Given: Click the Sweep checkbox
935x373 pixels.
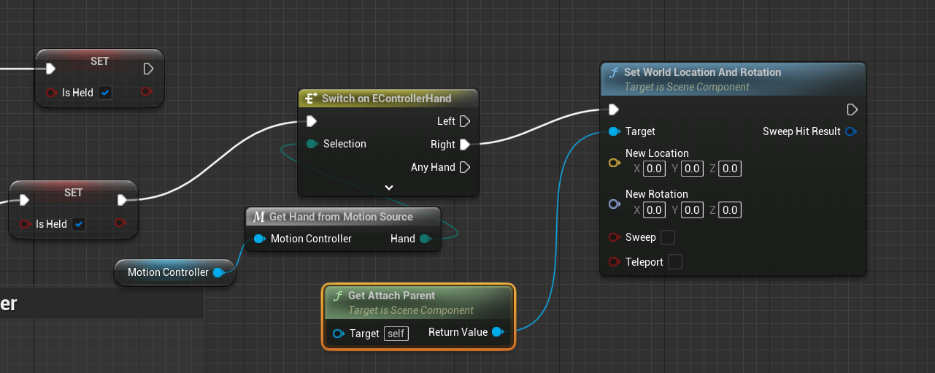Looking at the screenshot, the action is (667, 237).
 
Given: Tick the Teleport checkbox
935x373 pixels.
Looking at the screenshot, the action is (675, 262).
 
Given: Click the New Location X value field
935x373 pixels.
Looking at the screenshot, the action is (654, 169).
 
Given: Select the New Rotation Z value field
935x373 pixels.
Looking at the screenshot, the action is (730, 210).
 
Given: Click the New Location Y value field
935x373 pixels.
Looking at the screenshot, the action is (692, 169).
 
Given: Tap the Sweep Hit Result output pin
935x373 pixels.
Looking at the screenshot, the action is (850, 131).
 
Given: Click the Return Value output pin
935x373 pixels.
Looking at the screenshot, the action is (498, 332).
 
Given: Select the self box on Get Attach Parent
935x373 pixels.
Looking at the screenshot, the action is (396, 334).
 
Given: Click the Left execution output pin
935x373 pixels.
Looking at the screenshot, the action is (464, 121).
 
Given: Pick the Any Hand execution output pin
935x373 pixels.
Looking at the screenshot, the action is (464, 167).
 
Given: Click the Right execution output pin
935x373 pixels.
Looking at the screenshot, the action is (464, 145).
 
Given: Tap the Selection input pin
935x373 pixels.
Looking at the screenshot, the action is (312, 144).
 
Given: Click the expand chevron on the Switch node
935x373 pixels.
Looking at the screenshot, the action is (389, 188).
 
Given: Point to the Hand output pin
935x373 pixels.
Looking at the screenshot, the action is (426, 239).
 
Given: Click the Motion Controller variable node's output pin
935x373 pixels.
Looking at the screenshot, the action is (218, 272).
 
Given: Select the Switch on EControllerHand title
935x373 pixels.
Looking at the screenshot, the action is (387, 99).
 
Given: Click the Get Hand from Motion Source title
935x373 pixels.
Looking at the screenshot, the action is (341, 217).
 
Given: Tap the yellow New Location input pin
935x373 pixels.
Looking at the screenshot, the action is (614, 163).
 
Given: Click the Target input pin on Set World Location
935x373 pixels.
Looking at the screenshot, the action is (614, 131).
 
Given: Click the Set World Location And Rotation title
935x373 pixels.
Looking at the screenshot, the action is (702, 72).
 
